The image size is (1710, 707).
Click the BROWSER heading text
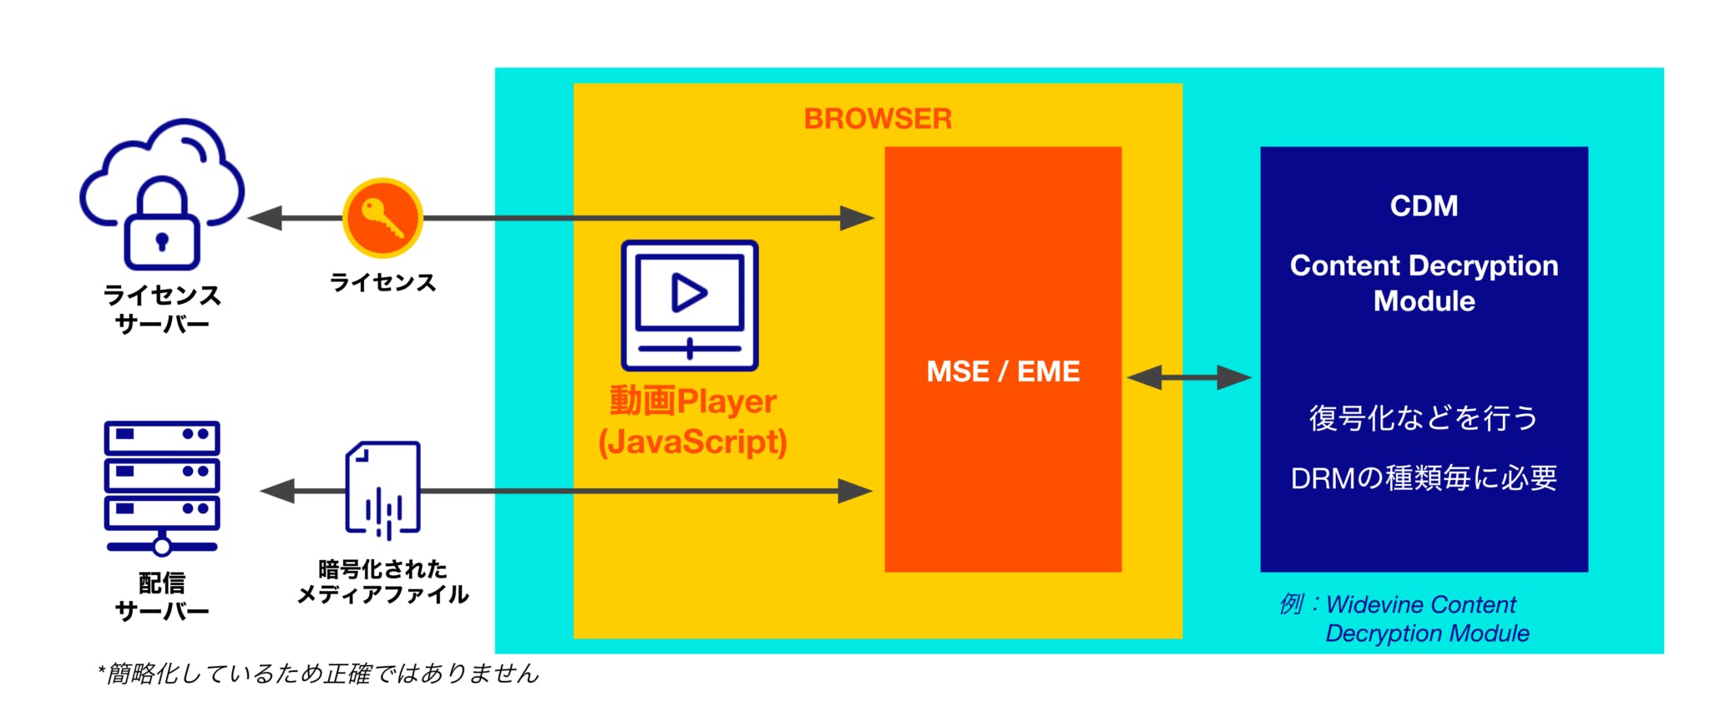[x=878, y=119]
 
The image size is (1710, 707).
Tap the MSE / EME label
[x=1003, y=371]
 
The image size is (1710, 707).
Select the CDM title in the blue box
[x=1424, y=205]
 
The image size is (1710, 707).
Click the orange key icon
[x=383, y=217]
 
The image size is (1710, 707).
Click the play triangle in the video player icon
[x=689, y=293]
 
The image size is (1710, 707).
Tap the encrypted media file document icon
[x=383, y=489]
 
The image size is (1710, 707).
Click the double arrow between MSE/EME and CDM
[x=1190, y=377]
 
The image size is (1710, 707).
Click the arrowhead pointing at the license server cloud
[x=266, y=218]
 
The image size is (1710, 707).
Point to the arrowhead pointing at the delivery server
[x=278, y=491]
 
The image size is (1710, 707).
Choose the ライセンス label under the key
[x=383, y=282]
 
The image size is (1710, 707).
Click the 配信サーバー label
[x=162, y=596]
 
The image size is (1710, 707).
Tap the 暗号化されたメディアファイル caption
[x=383, y=582]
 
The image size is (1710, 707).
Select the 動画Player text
[x=693, y=401]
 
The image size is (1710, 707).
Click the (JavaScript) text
[x=693, y=442]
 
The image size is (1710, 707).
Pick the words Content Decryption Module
[x=1424, y=283]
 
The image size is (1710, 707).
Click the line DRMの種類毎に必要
[x=1424, y=477]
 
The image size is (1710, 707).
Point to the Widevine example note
[x=1411, y=619]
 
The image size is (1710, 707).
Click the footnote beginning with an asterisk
[x=319, y=673]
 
